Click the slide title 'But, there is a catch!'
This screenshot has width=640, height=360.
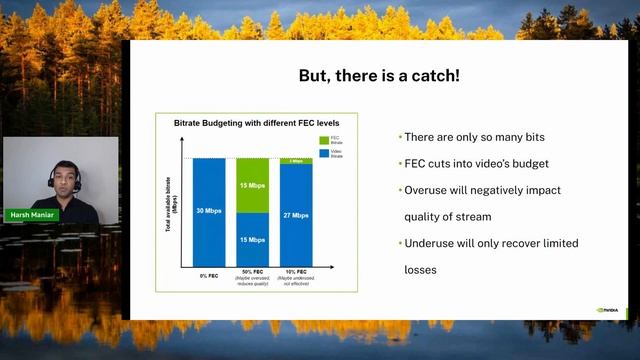[379, 76]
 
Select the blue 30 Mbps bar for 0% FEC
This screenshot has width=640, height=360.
[209, 211]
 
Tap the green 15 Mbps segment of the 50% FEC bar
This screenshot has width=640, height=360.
[252, 185]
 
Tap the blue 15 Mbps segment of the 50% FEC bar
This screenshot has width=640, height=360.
[252, 239]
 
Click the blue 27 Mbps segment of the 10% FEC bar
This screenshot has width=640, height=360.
[296, 215]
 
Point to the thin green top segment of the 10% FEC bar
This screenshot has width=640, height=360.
[296, 161]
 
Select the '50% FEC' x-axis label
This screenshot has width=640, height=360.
[252, 273]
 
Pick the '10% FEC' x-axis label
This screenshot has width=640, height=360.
[296, 273]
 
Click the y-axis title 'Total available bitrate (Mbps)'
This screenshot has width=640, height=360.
[172, 211]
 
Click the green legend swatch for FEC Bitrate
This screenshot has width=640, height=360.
[325, 139]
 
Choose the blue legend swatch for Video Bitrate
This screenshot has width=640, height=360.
[325, 152]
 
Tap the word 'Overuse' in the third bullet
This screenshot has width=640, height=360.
[425, 190]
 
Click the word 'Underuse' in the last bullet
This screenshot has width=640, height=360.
[428, 243]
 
